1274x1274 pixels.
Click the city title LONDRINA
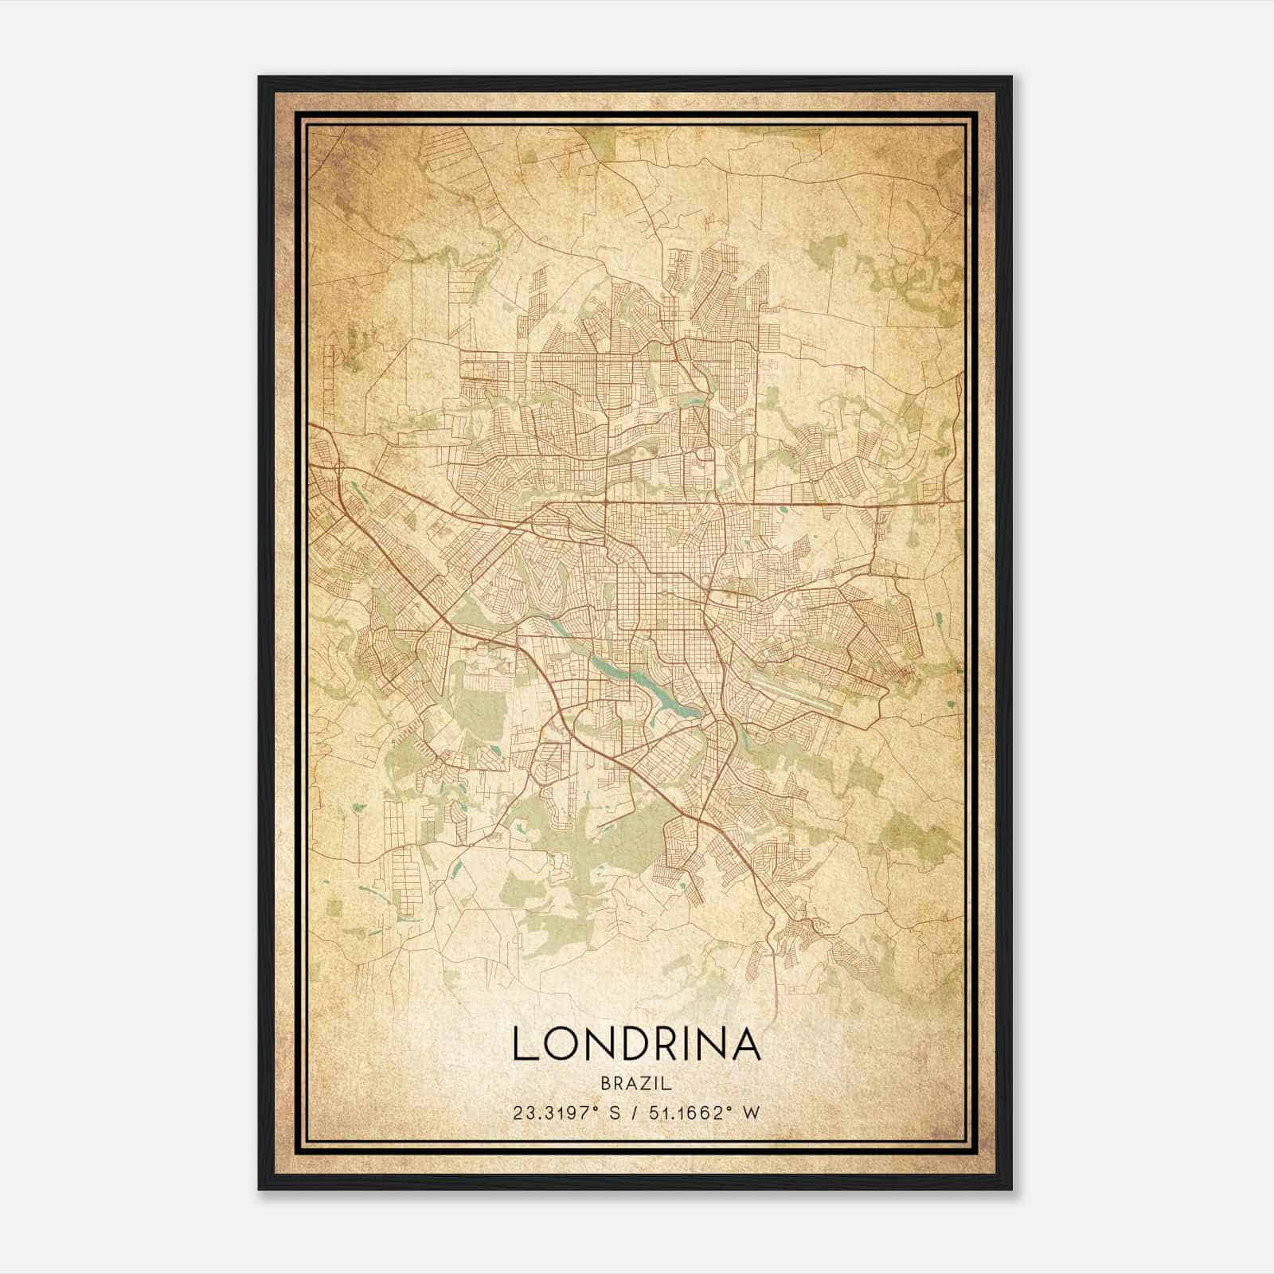[636, 1044]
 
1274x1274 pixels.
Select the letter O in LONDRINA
[561, 1044]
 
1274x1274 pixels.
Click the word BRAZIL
[636, 1083]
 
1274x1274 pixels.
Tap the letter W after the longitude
[752, 1112]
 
